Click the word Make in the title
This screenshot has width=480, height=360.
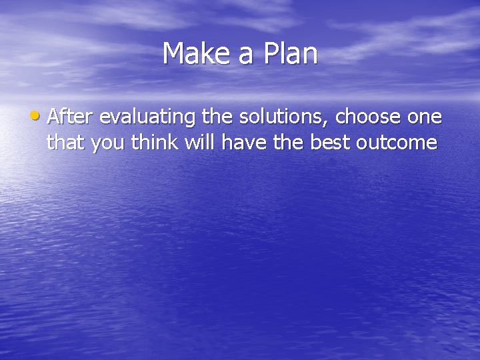click(196, 54)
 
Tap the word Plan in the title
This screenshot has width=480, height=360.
click(290, 54)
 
